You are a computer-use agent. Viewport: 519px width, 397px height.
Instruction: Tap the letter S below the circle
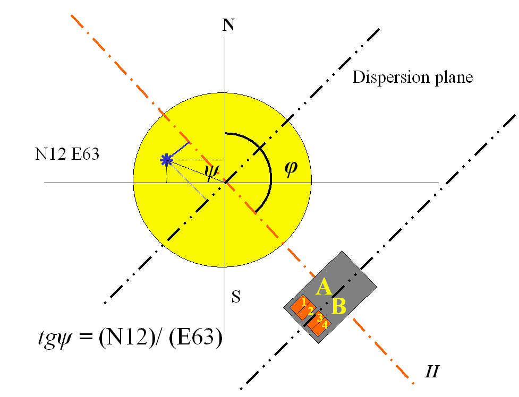click(236, 297)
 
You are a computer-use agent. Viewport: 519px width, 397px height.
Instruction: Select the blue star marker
click(167, 160)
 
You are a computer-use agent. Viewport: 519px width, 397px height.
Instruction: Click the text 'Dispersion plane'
click(412, 77)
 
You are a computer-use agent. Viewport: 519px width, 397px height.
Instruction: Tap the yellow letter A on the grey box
click(324, 288)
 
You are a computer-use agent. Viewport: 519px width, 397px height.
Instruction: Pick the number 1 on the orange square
click(303, 301)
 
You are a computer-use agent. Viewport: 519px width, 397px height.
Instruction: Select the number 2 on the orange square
click(310, 310)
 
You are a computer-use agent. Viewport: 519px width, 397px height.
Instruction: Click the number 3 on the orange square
click(319, 318)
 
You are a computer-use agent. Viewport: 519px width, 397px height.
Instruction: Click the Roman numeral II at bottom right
click(431, 370)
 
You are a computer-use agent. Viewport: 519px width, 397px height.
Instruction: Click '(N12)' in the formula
click(121, 338)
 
